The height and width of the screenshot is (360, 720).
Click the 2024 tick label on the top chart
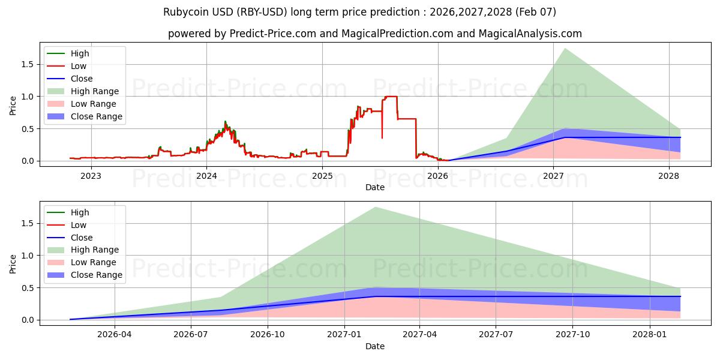(206, 176)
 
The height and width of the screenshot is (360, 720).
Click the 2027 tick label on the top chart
(553, 176)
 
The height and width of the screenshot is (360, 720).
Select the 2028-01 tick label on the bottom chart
(650, 335)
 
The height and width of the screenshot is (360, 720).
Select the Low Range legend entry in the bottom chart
(94, 262)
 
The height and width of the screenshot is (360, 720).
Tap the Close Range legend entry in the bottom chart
(96, 275)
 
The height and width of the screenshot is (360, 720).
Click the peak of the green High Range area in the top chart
(565, 49)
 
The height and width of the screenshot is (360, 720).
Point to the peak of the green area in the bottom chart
(376, 208)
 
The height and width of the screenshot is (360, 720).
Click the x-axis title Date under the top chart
(375, 187)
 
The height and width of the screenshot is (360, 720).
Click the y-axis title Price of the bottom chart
(13, 263)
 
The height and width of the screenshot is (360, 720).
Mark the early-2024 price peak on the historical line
(225, 122)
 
